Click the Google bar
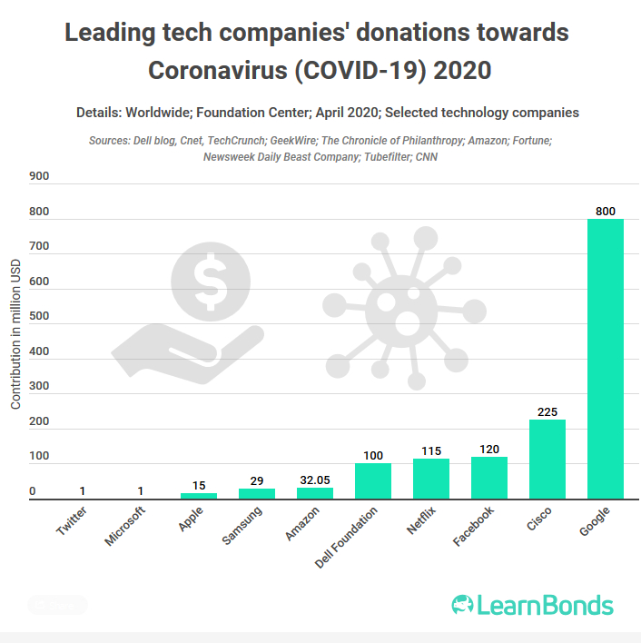tap(606, 359)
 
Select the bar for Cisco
tap(547, 459)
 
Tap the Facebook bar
tap(489, 478)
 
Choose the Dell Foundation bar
tap(373, 481)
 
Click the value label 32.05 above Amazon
tap(315, 478)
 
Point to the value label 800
tap(606, 211)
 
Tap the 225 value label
tap(547, 411)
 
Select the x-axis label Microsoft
tap(124, 528)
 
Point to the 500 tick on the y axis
tap(39, 324)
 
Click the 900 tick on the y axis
tap(39, 176)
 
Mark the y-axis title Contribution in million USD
tap(15, 332)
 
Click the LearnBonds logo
tap(533, 606)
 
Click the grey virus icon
tap(396, 307)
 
